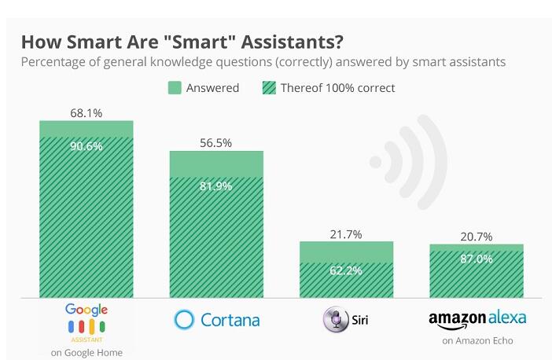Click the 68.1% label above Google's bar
[x=86, y=112]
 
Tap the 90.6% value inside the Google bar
[x=86, y=146]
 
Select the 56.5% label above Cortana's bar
[x=216, y=142]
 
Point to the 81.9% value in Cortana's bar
[x=216, y=187]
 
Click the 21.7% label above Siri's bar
[x=346, y=233]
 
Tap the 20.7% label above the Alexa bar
[x=476, y=236]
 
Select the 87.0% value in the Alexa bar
[x=476, y=259]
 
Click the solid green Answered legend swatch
[x=174, y=88]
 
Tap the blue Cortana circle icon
[x=184, y=320]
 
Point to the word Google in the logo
[x=86, y=310]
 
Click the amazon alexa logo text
[x=477, y=318]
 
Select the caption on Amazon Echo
[x=477, y=341]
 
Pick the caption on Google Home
[x=86, y=353]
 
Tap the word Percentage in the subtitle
[x=53, y=61]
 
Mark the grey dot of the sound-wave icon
[x=376, y=162]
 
